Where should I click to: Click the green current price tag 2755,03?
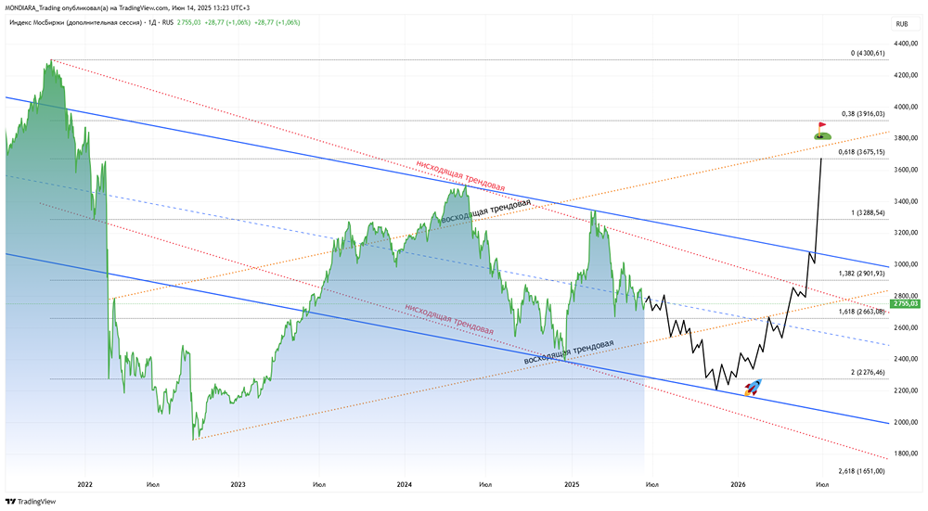905,303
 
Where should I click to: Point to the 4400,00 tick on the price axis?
906,44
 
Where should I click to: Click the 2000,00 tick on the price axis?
906,422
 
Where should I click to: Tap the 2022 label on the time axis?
85,484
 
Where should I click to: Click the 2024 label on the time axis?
404,484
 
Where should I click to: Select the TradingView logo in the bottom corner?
31,502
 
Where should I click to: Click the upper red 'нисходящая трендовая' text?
460,175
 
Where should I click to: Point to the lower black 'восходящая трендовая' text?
569,351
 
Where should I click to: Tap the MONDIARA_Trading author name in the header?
40,6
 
